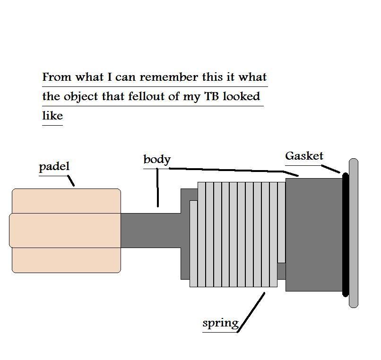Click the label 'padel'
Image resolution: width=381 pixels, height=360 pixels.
pyautogui.click(x=54, y=166)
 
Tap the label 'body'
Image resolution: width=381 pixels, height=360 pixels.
pyautogui.click(x=156, y=159)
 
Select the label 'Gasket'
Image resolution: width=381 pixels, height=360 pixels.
pyautogui.click(x=304, y=156)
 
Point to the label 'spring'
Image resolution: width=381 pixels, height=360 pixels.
pyautogui.click(x=220, y=323)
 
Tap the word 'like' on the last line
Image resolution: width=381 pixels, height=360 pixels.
pyautogui.click(x=52, y=115)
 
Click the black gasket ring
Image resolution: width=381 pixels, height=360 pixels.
pyautogui.click(x=346, y=235)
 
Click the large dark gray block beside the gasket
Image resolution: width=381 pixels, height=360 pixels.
pyautogui.click(x=313, y=235)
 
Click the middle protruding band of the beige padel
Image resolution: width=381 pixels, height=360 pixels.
pyautogui.click(x=65, y=230)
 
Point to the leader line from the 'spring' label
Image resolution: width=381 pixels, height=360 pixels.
pyautogui.click(x=251, y=312)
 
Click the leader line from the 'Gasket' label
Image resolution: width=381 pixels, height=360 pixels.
pyautogui.click(x=331, y=169)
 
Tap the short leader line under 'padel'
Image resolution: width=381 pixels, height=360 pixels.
pyautogui.click(x=71, y=180)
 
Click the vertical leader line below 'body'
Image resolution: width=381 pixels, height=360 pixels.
pyautogui.click(x=158, y=189)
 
